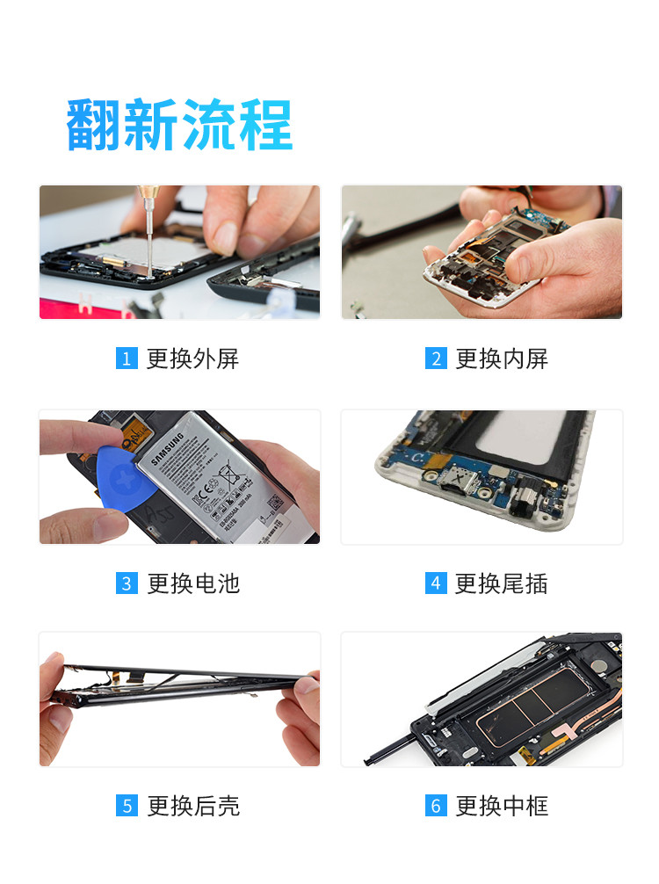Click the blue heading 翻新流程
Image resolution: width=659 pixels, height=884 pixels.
[x=179, y=125]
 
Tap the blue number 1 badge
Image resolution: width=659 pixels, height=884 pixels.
[x=127, y=359]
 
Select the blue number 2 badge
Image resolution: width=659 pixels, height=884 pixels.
[x=436, y=359]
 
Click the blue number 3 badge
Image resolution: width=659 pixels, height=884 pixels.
[x=127, y=583]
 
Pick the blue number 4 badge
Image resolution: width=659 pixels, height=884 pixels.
[x=436, y=583]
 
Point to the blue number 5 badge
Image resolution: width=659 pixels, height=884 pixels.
[x=127, y=806]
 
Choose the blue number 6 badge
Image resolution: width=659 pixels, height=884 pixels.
[x=436, y=806]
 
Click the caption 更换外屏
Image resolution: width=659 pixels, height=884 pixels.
[x=192, y=359]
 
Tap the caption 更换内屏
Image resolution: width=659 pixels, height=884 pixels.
[x=502, y=359]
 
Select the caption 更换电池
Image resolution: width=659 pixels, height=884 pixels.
[x=192, y=583]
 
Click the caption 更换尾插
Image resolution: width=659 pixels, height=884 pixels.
[x=502, y=583]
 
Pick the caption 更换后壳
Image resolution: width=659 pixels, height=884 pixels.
[x=192, y=806]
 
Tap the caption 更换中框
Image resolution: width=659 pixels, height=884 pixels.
[x=502, y=806]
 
